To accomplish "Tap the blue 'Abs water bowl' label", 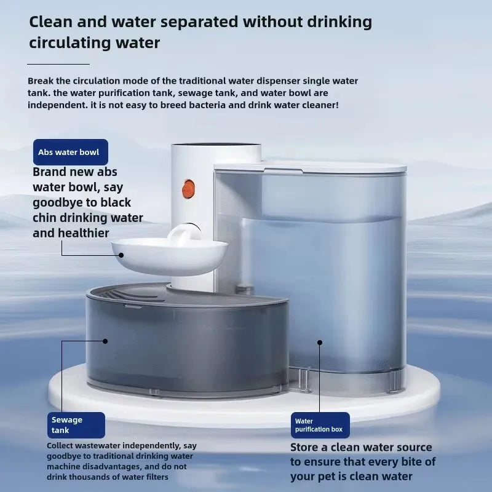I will coord(71,152).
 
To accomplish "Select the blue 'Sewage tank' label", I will coord(76,425).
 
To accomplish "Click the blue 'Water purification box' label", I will coord(320,425).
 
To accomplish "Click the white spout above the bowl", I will coord(183,233).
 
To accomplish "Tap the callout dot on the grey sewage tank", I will coord(106,340).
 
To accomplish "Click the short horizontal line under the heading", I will coord(58,63).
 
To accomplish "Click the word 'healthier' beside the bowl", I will coord(80,233).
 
